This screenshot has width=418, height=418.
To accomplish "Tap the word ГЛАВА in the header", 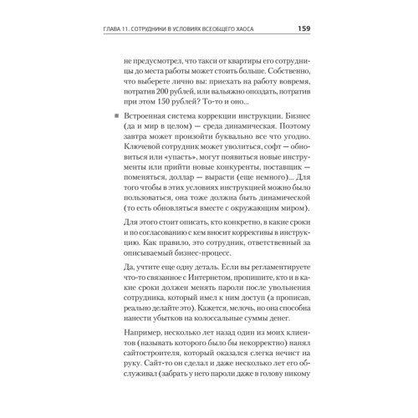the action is click(112, 32).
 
